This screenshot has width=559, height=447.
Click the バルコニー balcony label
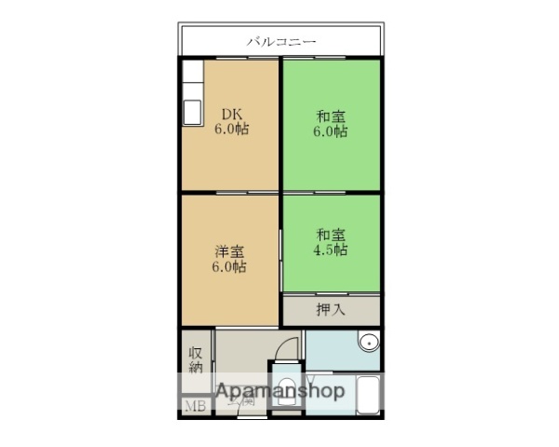[281, 41]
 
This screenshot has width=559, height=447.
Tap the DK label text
[231, 115]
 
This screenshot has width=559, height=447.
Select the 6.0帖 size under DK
[231, 130]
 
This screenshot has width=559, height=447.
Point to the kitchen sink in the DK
[193, 113]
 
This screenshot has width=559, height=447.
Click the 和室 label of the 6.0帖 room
[331, 115]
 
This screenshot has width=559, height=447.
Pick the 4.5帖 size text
[331, 250]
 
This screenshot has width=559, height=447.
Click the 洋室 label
[230, 251]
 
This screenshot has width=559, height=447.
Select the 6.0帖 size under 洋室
[230, 267]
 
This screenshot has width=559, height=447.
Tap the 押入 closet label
[330, 308]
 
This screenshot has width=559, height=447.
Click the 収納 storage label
[196, 359]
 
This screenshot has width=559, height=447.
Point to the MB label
[195, 406]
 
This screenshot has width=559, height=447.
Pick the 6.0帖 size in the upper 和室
[331, 131]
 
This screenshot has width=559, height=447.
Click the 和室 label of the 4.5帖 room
[331, 234]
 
